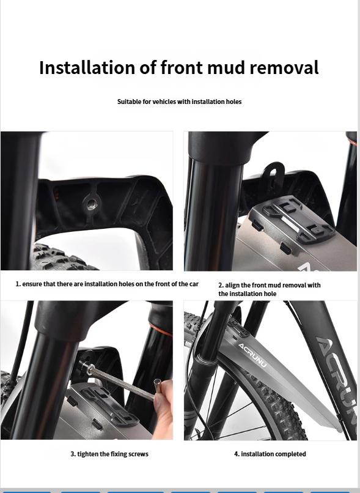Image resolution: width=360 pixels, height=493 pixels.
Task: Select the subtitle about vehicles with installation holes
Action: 179,102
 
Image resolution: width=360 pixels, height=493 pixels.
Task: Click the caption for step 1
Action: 107,284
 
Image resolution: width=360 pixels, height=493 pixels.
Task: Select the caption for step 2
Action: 270,289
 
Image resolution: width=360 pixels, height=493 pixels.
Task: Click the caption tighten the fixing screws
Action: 109,454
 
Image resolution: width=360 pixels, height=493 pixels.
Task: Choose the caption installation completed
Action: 270,454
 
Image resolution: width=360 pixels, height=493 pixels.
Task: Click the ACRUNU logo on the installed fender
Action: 252,349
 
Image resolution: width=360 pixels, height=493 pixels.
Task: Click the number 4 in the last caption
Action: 236,454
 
